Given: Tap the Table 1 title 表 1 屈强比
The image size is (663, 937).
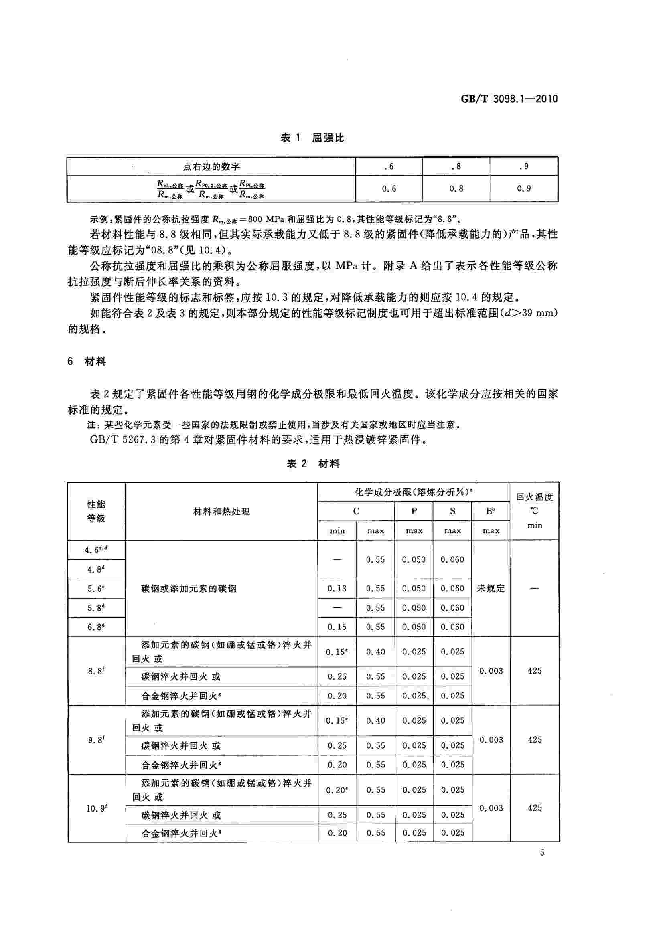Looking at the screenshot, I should click(x=312, y=138).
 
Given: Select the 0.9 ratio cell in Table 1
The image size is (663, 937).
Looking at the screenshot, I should click(x=523, y=188).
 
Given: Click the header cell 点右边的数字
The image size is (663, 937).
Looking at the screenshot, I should click(x=211, y=166).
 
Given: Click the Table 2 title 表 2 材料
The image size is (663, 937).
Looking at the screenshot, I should click(x=313, y=464).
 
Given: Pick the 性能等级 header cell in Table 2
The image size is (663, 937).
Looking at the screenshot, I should click(x=96, y=511).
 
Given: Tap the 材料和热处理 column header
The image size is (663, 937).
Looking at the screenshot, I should click(x=221, y=511).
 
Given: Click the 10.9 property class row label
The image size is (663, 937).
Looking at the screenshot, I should click(x=96, y=808).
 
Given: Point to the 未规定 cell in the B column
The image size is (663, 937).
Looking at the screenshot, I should click(x=491, y=589).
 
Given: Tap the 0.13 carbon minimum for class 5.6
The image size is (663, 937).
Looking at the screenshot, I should click(x=337, y=589).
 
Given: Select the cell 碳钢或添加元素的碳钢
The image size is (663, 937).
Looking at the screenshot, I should click(x=189, y=589).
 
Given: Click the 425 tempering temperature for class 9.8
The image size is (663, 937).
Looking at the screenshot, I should click(x=534, y=739).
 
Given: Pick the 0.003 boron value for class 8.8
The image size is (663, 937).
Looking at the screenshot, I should click(x=491, y=670).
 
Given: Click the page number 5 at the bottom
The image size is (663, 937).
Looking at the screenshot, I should click(x=542, y=852).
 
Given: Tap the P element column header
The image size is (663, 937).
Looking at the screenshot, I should click(x=414, y=511).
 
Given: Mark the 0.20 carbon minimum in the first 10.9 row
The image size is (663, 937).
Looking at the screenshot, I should click(x=337, y=790).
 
